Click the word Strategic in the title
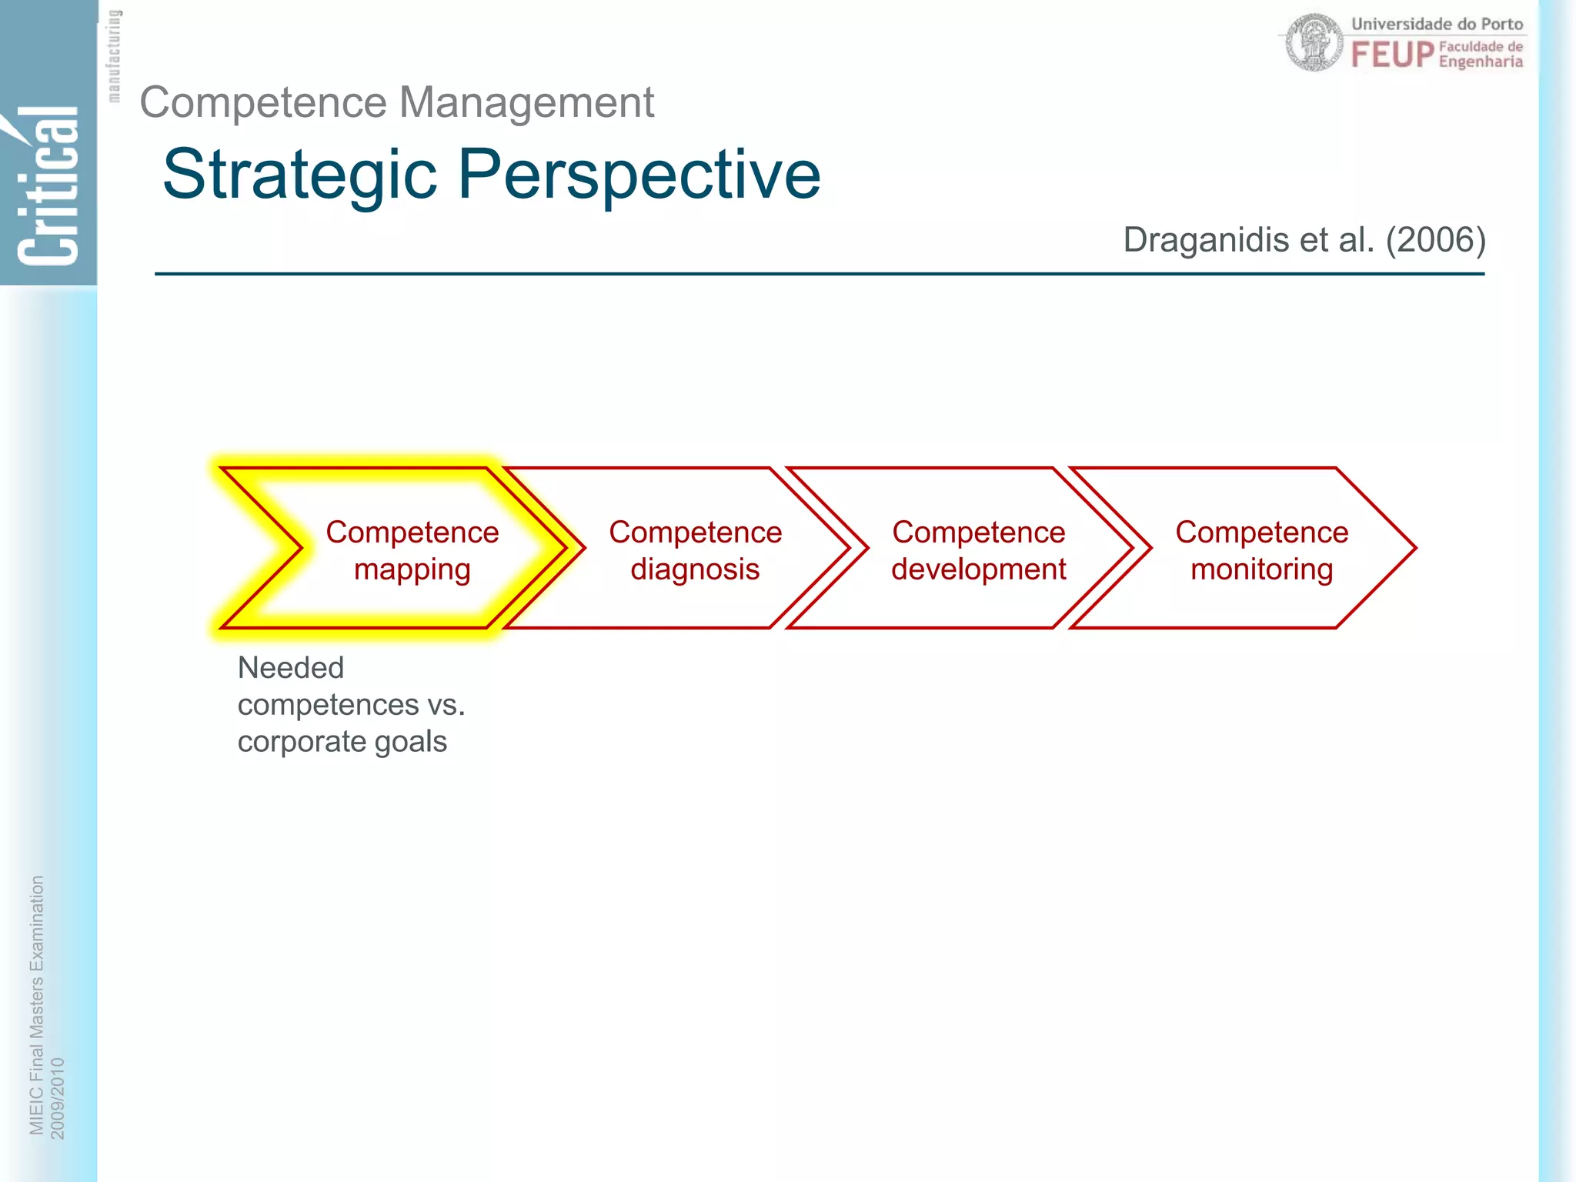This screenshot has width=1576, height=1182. click(x=300, y=175)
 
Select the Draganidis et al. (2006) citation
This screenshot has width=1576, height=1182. click(x=1304, y=240)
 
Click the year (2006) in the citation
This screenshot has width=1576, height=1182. click(x=1435, y=240)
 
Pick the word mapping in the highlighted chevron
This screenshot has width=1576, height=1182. click(x=412, y=570)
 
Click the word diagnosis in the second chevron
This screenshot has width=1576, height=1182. click(x=695, y=570)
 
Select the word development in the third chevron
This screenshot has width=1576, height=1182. click(x=978, y=570)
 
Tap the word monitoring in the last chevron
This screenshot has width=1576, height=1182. click(x=1261, y=570)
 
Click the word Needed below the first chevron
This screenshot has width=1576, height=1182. click(x=290, y=668)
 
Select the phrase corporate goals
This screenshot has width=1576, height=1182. click(x=342, y=742)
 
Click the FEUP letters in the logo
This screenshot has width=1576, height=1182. click(x=1392, y=55)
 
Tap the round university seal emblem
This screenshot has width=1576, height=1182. click(x=1314, y=42)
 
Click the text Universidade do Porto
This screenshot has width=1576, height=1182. click(x=1437, y=24)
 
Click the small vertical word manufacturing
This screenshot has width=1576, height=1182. click(x=114, y=55)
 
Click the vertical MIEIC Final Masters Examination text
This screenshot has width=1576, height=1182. click(x=36, y=1004)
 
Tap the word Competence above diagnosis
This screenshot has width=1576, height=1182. click(x=695, y=533)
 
